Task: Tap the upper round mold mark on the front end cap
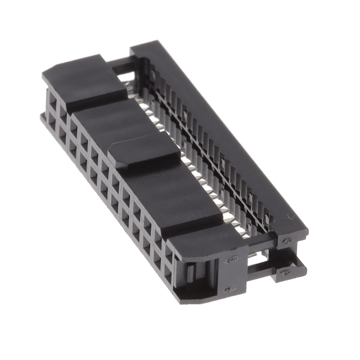(231, 259)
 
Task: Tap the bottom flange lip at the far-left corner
(42, 118)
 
